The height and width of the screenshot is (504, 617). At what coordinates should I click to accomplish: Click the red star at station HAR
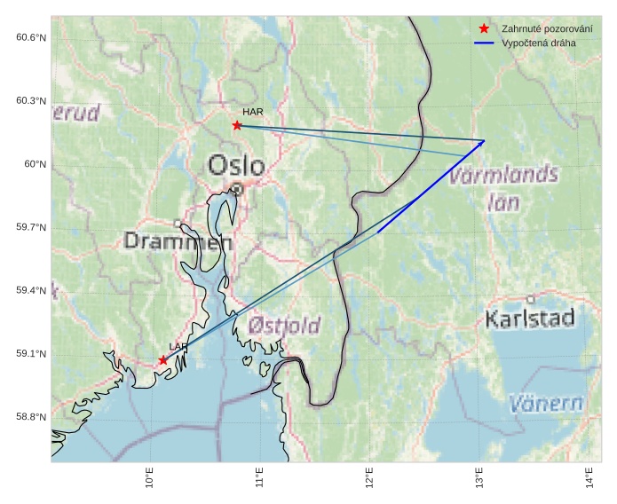(237, 125)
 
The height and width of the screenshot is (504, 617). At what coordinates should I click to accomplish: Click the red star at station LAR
(163, 360)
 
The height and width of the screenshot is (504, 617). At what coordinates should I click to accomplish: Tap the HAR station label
(253, 113)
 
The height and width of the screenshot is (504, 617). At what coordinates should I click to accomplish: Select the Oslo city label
(236, 166)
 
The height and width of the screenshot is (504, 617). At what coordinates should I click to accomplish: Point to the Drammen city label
(178, 241)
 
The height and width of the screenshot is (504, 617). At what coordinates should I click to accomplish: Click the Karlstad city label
(530, 318)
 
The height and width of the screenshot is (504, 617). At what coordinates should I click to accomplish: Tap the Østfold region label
(284, 326)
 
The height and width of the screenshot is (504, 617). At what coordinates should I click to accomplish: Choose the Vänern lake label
(547, 404)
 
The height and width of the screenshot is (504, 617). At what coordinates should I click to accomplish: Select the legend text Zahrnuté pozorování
(540, 28)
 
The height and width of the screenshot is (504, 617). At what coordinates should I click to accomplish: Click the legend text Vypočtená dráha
(538, 43)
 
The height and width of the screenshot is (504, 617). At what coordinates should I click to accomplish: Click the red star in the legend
(484, 28)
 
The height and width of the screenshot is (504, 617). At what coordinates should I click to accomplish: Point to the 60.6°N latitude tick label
(30, 37)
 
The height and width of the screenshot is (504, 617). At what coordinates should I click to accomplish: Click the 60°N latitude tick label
(34, 164)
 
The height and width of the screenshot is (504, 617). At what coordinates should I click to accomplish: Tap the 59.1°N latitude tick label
(30, 354)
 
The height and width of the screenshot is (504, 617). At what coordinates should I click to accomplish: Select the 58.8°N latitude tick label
(30, 417)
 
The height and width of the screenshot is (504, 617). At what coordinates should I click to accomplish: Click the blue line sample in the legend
(484, 43)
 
